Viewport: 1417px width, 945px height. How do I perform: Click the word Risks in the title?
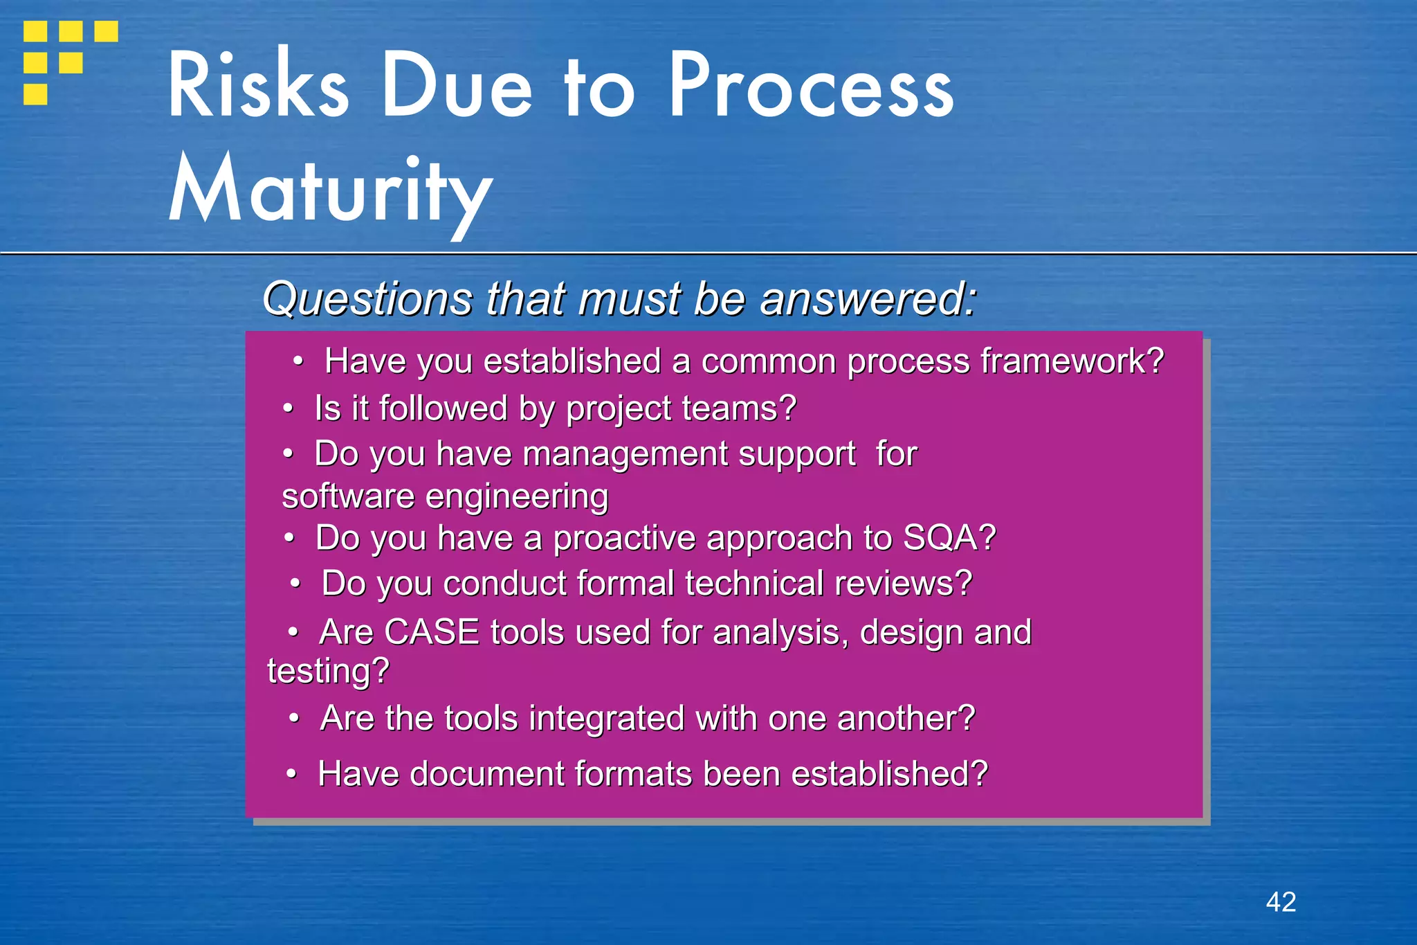tap(258, 86)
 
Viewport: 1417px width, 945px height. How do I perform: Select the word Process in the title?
tap(811, 86)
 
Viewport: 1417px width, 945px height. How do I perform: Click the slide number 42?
tap(1281, 902)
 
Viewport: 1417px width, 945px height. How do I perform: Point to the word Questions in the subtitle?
tap(367, 299)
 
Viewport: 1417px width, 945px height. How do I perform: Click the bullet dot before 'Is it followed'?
tap(289, 408)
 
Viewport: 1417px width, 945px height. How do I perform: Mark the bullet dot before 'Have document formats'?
tap(292, 774)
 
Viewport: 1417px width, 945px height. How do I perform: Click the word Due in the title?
tap(457, 86)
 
